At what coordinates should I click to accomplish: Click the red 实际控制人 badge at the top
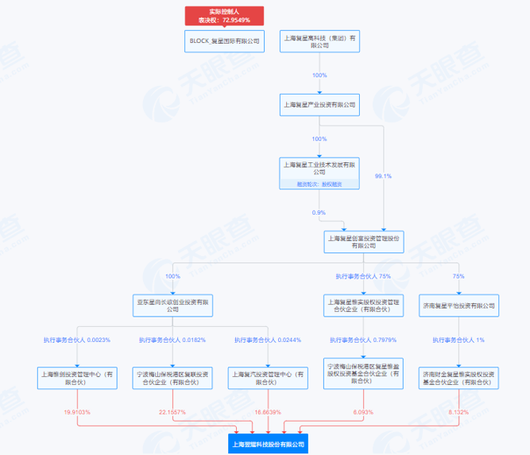[x=223, y=15]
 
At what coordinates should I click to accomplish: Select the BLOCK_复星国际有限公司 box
[x=223, y=42]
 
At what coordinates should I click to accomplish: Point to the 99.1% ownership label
[x=383, y=176]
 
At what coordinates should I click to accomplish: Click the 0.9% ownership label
[x=319, y=212]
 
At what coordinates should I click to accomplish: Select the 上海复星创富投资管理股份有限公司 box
[x=364, y=241]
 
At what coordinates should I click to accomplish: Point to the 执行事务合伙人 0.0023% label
[x=77, y=340]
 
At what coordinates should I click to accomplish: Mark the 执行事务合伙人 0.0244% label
[x=267, y=340]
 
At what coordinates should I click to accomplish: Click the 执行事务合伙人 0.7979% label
[x=363, y=340]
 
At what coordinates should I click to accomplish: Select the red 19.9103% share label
[x=77, y=412]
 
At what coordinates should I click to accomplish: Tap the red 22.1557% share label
[x=172, y=412]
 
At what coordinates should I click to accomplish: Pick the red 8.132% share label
[x=458, y=412]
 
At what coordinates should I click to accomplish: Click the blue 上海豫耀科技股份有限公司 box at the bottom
[x=267, y=444]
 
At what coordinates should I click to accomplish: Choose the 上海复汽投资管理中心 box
[x=267, y=376]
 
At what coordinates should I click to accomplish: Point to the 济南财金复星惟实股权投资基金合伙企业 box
[x=458, y=376]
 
